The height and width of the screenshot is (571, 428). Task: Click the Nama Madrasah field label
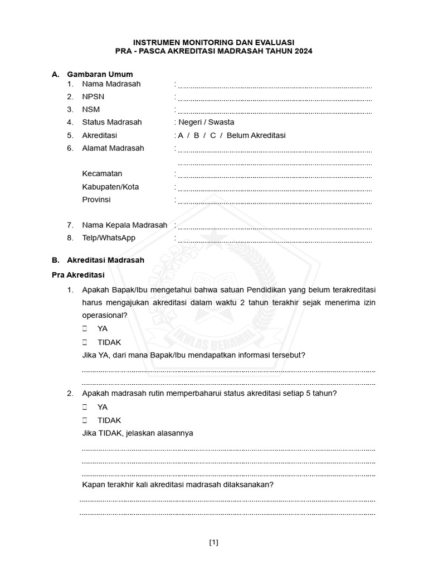(111, 84)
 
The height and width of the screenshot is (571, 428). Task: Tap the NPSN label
(93, 96)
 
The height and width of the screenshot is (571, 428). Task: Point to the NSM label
(91, 109)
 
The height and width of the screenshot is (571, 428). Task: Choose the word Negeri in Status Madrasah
(191, 122)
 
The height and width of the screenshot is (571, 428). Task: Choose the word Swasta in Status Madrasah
(221, 122)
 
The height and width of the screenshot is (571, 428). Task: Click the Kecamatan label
(102, 173)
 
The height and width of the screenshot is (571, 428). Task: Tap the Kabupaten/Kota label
(110, 187)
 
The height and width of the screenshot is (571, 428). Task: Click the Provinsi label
(96, 200)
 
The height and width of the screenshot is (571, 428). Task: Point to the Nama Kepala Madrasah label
(124, 225)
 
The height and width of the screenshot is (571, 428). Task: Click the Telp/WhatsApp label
(109, 238)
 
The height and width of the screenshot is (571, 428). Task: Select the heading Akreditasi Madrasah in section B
(105, 260)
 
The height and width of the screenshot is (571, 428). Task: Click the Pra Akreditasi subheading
(78, 275)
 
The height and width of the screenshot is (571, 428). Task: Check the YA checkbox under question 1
(85, 329)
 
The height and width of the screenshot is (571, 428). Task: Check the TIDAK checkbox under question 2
(85, 420)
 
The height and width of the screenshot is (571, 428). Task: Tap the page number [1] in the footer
(214, 542)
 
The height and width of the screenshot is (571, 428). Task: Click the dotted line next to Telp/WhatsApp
(274, 241)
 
